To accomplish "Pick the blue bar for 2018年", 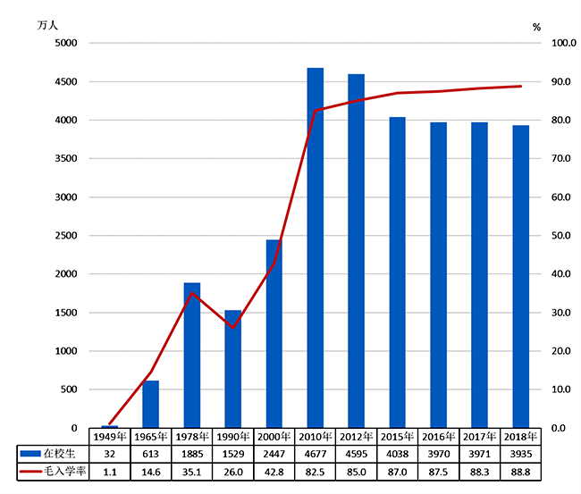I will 520,277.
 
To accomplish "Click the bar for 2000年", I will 274,334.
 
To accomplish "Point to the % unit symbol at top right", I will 536,27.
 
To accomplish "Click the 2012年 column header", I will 356,437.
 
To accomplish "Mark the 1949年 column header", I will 110,437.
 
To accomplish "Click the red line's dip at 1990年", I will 232,328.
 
